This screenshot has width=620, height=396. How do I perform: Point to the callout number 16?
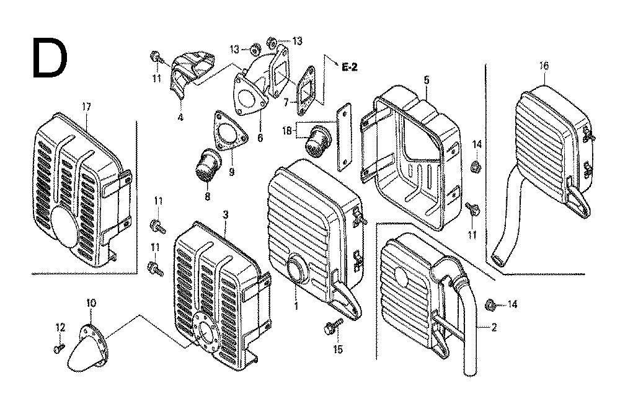pyautogui.click(x=544, y=66)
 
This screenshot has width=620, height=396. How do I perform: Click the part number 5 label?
pyautogui.click(x=427, y=79)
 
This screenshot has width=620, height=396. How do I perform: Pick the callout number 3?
pyautogui.click(x=225, y=214)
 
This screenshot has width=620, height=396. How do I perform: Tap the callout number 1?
pyautogui.click(x=296, y=305)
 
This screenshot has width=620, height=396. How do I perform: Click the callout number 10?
pyautogui.click(x=91, y=302)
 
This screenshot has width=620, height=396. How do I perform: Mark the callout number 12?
pyautogui.click(x=60, y=327)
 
